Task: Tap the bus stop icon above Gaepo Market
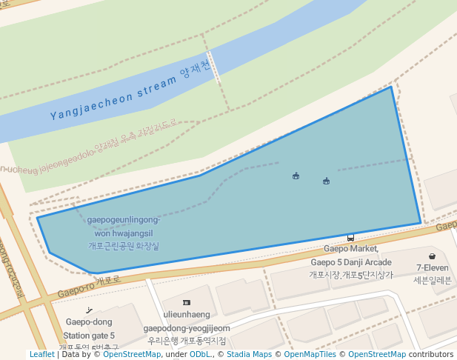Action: click(350, 238)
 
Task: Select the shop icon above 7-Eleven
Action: click(432, 256)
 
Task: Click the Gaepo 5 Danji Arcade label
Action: click(351, 262)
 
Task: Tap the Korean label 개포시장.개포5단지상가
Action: click(351, 275)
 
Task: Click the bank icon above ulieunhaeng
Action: click(186, 302)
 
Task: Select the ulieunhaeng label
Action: click(187, 315)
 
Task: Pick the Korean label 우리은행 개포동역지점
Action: click(187, 341)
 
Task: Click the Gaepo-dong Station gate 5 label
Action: click(90, 329)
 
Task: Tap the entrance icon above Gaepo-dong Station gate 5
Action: click(90, 310)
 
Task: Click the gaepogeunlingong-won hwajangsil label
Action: click(123, 227)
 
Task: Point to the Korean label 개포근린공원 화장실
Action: click(123, 245)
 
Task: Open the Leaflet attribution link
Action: click(41, 355)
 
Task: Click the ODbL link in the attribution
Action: click(200, 355)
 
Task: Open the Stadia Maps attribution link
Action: click(249, 355)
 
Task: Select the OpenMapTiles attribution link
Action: click(310, 355)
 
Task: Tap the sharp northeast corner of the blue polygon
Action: click(391, 87)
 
